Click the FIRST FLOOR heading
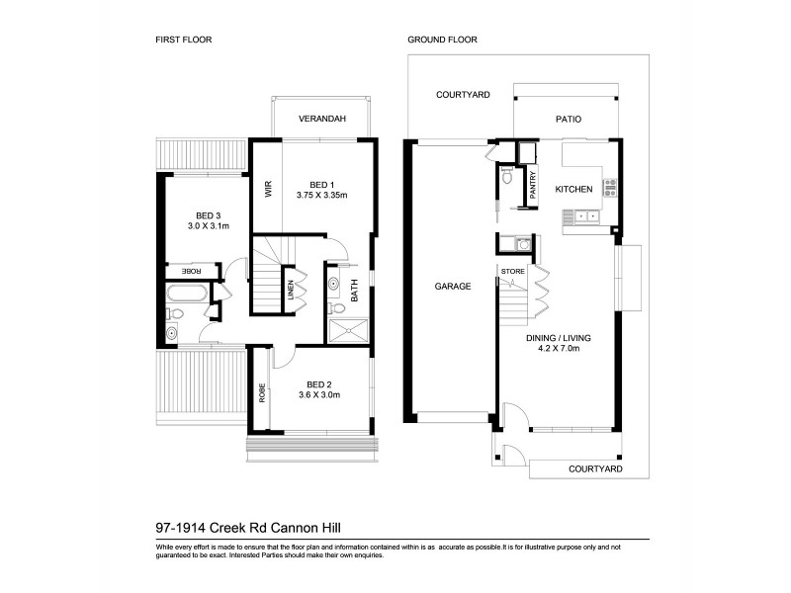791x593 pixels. coord(185,41)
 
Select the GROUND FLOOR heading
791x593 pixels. coord(443,41)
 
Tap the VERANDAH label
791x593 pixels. coord(322,120)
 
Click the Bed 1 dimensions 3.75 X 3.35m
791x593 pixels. coord(321,196)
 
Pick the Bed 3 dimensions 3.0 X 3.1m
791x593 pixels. coord(208,226)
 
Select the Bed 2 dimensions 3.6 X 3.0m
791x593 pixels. coord(318,395)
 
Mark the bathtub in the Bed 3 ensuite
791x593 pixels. coord(185,294)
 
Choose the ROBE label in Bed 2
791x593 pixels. coord(262,394)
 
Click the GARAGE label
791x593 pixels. coord(452,287)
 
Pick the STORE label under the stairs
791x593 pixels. coord(511,270)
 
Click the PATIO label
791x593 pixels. coord(568,120)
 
